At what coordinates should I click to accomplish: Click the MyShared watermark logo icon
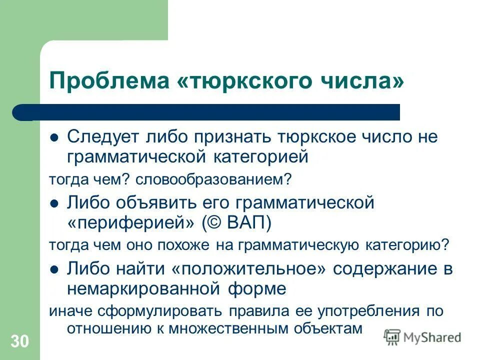click(393, 336)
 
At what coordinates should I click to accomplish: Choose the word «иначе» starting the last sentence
click(66, 310)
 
